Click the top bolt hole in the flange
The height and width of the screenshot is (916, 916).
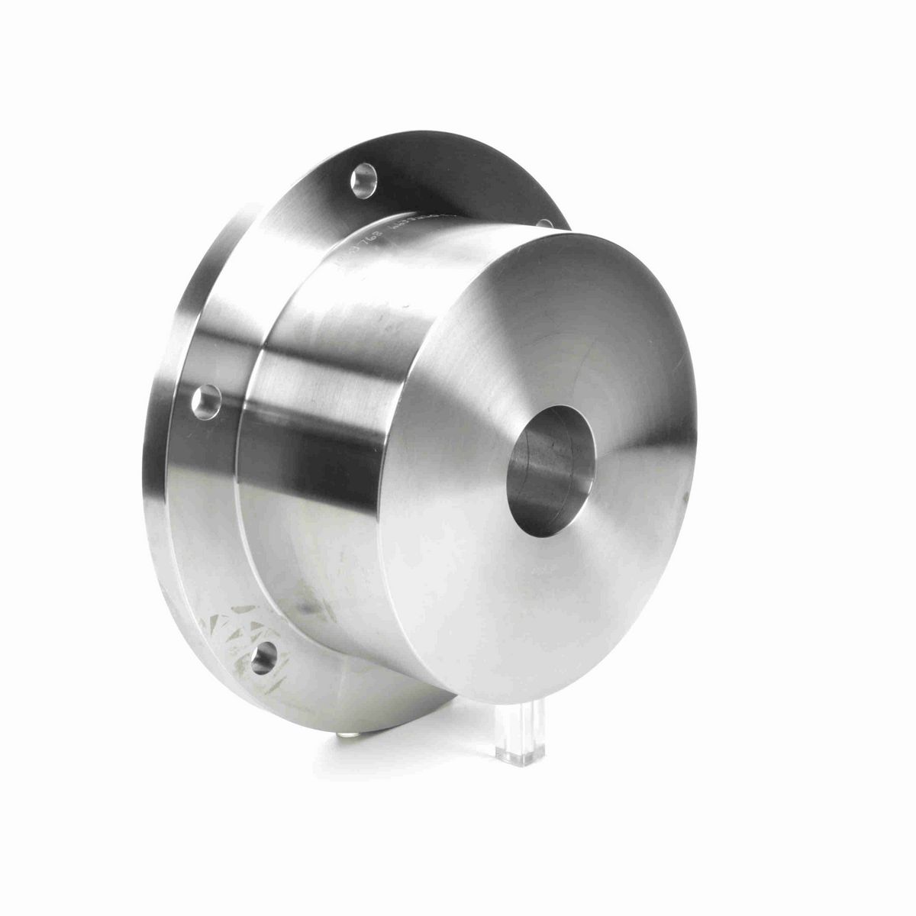(364, 180)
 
